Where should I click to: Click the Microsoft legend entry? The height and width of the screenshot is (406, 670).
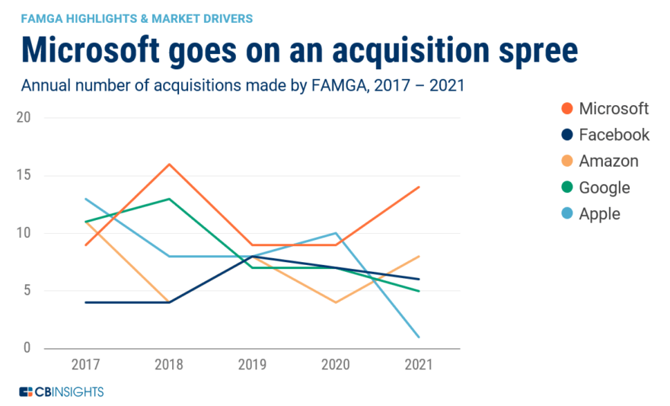point(603,108)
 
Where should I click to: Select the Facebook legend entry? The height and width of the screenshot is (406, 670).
point(603,135)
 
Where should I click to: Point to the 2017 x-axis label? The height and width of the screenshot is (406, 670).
point(85,365)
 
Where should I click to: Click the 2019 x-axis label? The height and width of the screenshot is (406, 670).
point(252,365)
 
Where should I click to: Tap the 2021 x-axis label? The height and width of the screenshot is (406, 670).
point(419,365)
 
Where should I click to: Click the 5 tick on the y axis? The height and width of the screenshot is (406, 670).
point(28,290)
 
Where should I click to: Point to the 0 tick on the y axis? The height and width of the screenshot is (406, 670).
point(28,348)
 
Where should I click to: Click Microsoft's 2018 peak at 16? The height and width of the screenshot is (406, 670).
point(169,164)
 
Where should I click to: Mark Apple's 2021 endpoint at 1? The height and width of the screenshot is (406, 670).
point(419,337)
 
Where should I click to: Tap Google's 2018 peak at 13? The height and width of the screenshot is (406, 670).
point(169,199)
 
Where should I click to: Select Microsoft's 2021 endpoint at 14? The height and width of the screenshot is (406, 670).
point(419,187)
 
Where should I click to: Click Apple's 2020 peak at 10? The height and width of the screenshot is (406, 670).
point(336,233)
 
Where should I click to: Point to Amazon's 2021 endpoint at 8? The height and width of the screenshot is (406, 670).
point(419,256)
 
